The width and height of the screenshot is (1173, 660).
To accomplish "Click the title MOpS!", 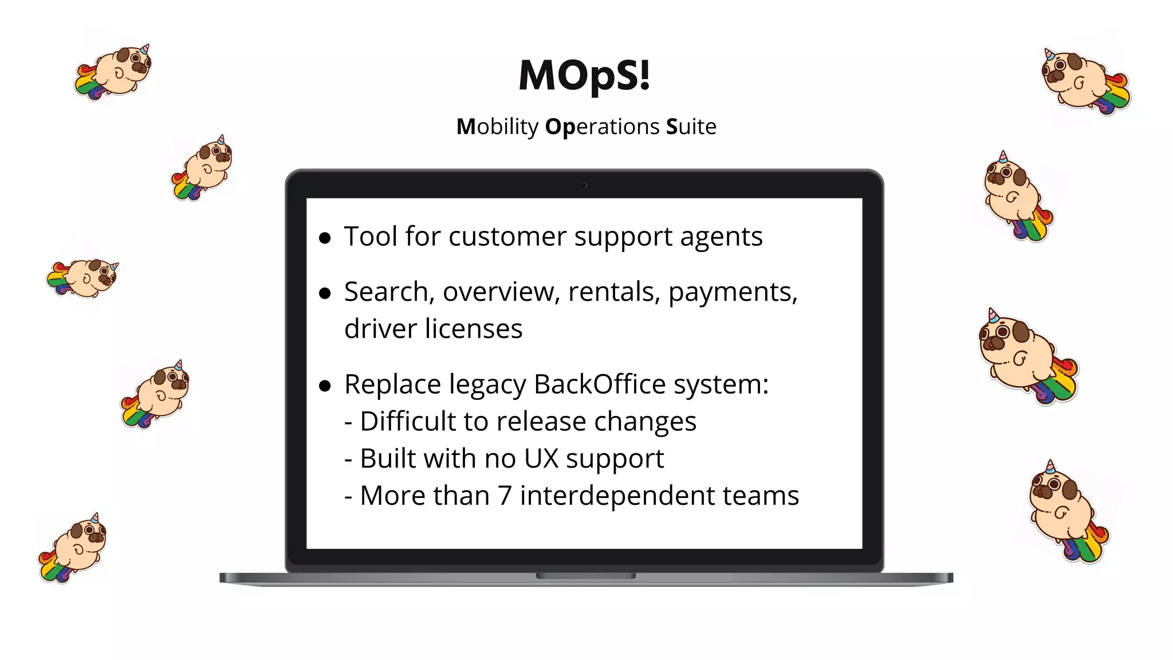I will click(x=584, y=75).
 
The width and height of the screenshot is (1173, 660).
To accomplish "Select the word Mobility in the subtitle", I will click(x=497, y=127).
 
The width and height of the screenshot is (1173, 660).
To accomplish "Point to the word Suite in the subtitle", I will click(x=691, y=127).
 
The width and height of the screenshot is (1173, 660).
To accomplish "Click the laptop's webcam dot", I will click(x=584, y=185).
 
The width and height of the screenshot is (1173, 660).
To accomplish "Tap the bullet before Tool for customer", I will click(x=325, y=238).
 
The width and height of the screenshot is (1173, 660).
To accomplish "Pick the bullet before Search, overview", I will click(x=325, y=294).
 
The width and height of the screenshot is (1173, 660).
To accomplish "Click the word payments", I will click(x=733, y=293).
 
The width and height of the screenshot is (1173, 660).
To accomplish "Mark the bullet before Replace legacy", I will click(x=325, y=386).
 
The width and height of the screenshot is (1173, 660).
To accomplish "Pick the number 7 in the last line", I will click(x=504, y=496).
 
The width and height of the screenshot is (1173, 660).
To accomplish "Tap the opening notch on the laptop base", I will click(x=585, y=576).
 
